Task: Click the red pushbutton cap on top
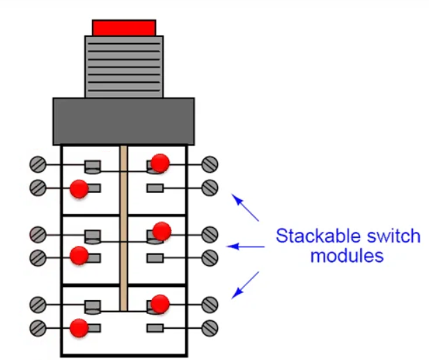click(x=123, y=27)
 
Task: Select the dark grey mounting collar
click(x=123, y=120)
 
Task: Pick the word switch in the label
click(x=393, y=235)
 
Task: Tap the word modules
click(x=346, y=256)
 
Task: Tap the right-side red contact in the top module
click(x=160, y=162)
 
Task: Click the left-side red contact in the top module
click(x=79, y=188)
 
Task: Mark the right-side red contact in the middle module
click(x=162, y=230)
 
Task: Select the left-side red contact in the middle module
click(x=79, y=255)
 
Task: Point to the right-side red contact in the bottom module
click(x=160, y=304)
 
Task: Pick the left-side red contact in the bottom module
click(x=79, y=327)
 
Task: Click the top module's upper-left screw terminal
click(x=38, y=165)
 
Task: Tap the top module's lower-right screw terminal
click(x=210, y=188)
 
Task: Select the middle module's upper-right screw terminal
click(x=210, y=234)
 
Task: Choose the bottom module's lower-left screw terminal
click(x=38, y=327)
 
